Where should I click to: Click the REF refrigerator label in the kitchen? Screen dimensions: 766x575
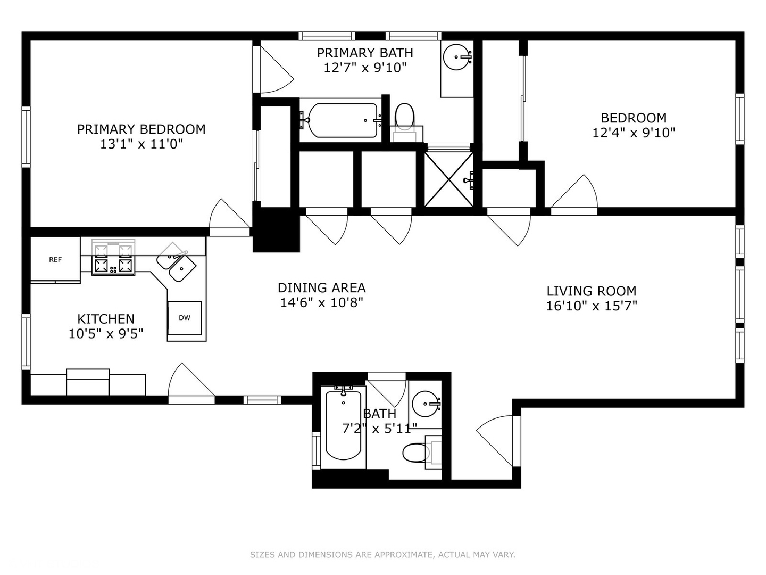(55, 259)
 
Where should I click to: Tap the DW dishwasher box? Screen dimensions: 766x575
(185, 318)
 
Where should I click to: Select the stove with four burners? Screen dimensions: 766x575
(113, 257)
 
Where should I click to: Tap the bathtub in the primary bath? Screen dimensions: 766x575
(343, 120)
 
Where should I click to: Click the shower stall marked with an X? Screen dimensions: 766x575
(449, 179)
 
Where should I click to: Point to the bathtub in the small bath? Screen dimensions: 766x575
(344, 426)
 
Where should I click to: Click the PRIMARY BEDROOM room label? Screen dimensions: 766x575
(141, 129)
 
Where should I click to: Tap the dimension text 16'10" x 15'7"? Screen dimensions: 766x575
(592, 306)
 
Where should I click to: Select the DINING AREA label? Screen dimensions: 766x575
(321, 288)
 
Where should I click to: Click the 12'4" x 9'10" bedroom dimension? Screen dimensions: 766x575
(634, 133)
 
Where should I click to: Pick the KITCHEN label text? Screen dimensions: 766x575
(106, 319)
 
